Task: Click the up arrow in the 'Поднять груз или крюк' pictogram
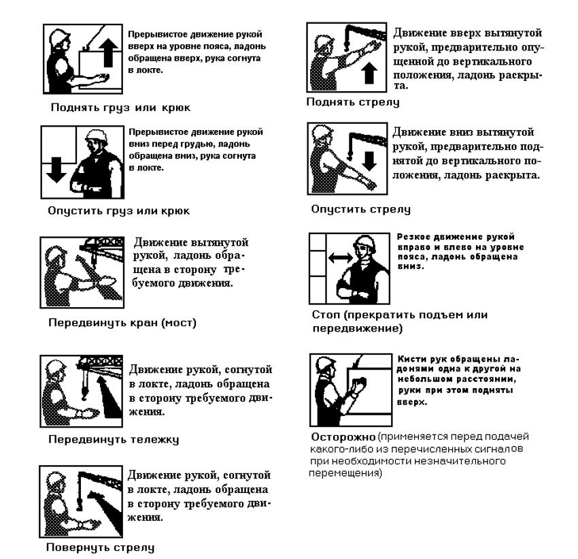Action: (x=109, y=53)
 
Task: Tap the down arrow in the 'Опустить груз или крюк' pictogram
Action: (x=56, y=170)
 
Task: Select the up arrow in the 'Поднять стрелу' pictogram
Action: (x=369, y=73)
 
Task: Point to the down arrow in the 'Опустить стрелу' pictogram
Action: (x=369, y=161)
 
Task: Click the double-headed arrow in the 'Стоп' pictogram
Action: (x=340, y=257)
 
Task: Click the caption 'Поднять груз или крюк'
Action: (x=120, y=108)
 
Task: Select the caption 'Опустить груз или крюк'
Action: (x=119, y=211)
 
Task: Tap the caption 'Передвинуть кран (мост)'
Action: (x=122, y=323)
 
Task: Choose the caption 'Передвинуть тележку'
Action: (x=114, y=439)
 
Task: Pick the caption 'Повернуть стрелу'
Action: (x=100, y=547)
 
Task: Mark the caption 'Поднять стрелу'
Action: (x=353, y=102)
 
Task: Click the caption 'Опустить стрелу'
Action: (x=360, y=209)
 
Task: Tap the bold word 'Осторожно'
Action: (x=343, y=437)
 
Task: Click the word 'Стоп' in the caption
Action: (x=326, y=315)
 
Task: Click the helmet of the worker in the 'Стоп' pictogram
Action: (x=365, y=243)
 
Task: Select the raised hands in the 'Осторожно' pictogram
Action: (x=359, y=384)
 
